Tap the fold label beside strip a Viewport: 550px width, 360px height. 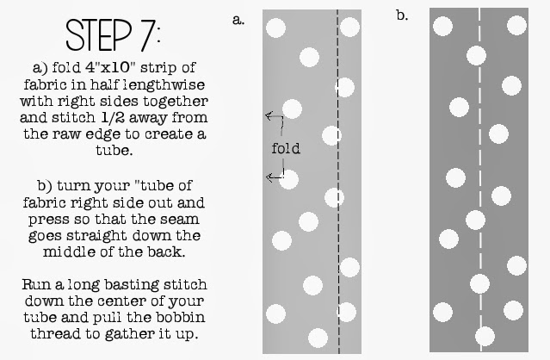tap(285, 148)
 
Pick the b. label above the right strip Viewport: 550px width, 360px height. tap(402, 16)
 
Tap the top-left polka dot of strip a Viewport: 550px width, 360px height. tap(275, 28)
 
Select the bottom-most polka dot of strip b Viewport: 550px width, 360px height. tap(485, 335)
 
